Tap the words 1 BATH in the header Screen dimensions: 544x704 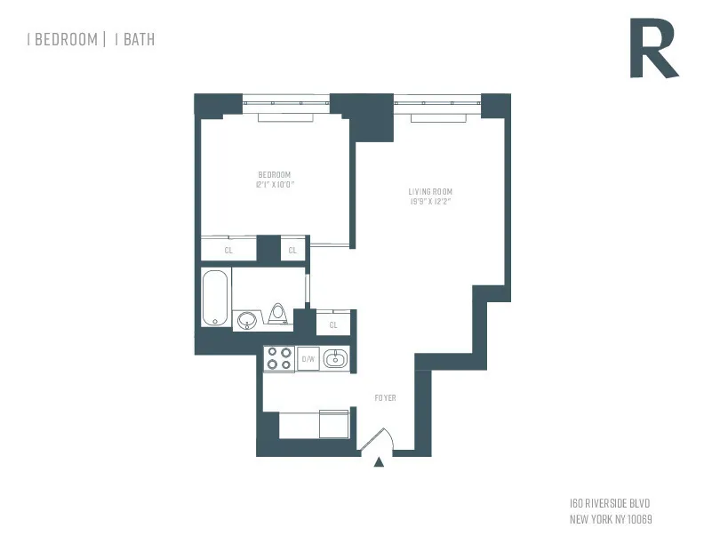[134, 39]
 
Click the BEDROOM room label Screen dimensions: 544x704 [275, 174]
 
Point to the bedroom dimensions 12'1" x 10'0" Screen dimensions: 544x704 [275, 184]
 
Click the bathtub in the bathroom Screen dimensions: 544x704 [215, 298]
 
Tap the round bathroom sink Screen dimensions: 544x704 [246, 318]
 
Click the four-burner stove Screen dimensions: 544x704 [279, 358]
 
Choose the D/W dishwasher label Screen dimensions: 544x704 [308, 359]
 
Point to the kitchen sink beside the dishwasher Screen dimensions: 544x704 [336, 359]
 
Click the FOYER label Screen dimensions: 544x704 [385, 397]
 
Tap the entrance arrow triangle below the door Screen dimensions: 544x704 [380, 461]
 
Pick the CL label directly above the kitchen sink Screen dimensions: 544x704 [333, 325]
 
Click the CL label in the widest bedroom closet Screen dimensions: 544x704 [228, 251]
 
